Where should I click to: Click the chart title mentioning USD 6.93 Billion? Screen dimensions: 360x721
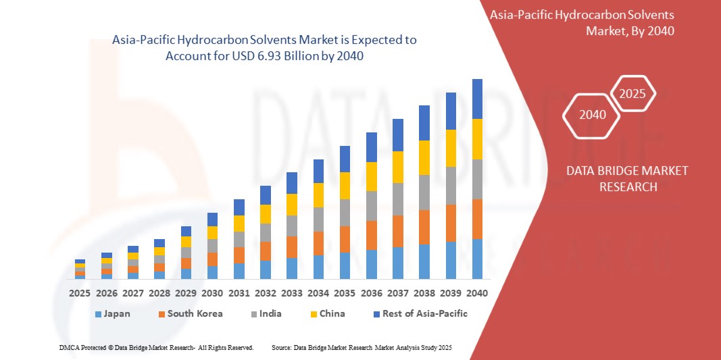(x=264, y=48)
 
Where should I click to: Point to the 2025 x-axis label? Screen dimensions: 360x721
(x=80, y=294)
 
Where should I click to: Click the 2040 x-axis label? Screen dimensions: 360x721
(x=477, y=294)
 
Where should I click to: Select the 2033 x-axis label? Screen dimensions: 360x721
(x=292, y=294)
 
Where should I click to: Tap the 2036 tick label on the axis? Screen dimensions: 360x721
(x=371, y=294)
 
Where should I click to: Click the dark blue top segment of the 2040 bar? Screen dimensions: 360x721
(x=477, y=99)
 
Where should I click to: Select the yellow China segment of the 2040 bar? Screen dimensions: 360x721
(x=477, y=139)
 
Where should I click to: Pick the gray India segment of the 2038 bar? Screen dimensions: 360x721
(x=424, y=192)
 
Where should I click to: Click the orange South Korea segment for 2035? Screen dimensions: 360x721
(x=345, y=239)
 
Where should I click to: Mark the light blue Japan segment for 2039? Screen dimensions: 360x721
(x=451, y=260)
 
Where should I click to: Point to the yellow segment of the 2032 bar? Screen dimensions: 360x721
(x=266, y=214)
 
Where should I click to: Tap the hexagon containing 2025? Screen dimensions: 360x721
(x=633, y=94)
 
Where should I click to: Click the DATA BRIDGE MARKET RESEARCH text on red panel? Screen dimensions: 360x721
(x=628, y=178)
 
